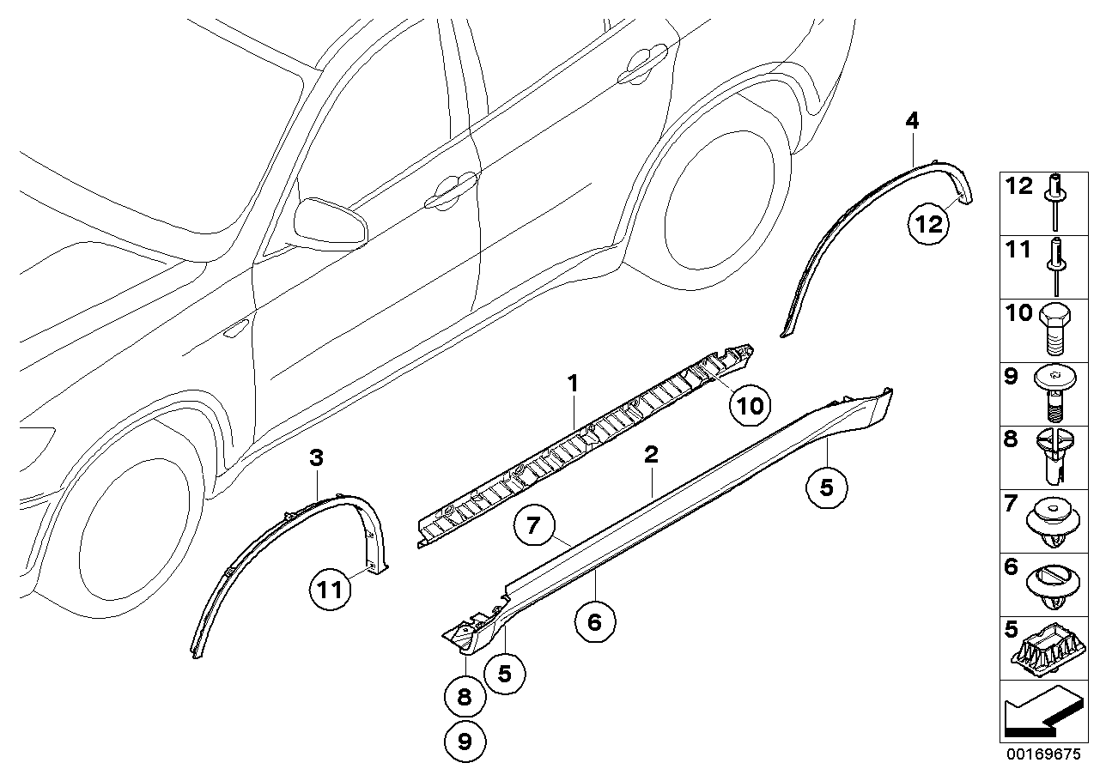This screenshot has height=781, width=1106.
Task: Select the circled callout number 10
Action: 750,405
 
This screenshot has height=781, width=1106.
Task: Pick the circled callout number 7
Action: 534,525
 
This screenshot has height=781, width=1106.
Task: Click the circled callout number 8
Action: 465,698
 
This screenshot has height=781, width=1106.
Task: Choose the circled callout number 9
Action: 465,741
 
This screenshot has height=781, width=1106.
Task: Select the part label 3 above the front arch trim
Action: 317,458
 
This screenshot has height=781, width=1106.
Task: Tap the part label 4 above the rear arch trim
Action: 912,121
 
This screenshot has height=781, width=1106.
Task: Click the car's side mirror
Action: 330,221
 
